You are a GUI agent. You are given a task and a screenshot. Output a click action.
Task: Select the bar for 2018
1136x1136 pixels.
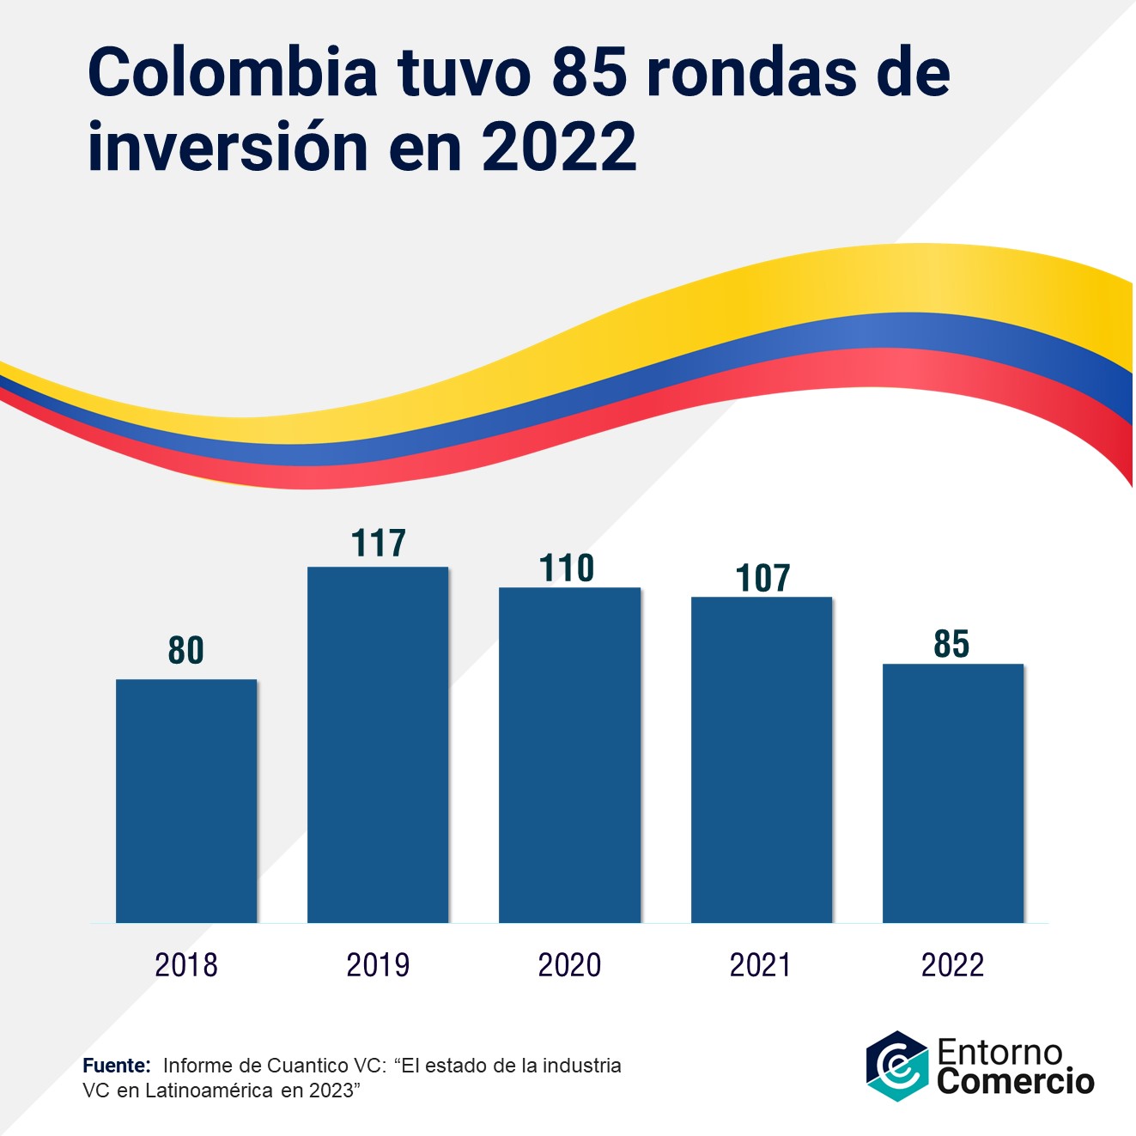click(x=186, y=800)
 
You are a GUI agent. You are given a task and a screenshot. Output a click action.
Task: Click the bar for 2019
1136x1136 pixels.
click(x=378, y=744)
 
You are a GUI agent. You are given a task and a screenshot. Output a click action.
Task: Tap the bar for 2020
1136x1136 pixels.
click(x=569, y=755)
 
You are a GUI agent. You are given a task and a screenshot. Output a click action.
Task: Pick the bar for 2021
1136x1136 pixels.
click(x=761, y=760)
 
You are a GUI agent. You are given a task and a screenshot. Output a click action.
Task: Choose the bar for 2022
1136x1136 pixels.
click(x=952, y=793)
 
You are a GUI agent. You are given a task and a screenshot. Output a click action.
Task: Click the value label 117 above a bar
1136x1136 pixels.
click(x=378, y=544)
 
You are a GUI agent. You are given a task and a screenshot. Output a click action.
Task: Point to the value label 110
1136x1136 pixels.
click(x=567, y=568)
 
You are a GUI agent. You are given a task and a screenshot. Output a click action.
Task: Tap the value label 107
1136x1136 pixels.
click(x=762, y=579)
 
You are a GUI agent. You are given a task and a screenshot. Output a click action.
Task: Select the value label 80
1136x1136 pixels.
click(x=186, y=651)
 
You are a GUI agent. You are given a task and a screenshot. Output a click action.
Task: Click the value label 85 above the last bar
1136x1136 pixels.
click(x=951, y=644)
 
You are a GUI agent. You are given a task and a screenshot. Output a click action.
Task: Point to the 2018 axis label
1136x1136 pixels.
click(x=186, y=965)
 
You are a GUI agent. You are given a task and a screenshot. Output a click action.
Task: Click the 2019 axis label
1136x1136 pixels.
click(x=378, y=965)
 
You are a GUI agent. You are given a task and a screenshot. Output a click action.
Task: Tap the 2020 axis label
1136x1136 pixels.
click(x=569, y=965)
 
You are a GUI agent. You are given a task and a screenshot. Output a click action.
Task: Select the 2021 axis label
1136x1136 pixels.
click(x=761, y=965)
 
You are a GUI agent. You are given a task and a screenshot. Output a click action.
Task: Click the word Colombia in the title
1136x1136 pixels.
click(x=232, y=72)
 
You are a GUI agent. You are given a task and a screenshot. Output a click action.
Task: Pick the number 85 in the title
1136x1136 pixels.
click(x=589, y=72)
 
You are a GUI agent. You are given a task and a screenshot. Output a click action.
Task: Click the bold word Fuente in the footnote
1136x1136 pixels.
click(x=116, y=1066)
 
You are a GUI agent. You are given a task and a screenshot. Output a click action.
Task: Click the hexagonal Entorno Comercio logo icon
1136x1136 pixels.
click(x=896, y=1066)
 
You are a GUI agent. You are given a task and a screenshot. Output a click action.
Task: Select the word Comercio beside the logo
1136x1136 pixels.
click(x=1016, y=1081)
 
